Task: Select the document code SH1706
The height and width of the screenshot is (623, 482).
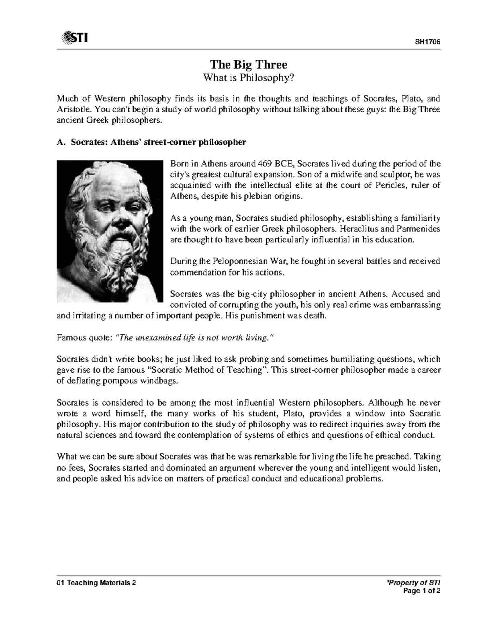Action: click(x=430, y=43)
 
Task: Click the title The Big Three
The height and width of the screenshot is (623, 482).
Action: click(x=249, y=64)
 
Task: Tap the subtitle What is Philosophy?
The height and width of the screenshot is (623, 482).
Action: click(x=249, y=77)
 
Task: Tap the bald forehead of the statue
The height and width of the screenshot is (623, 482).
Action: click(x=106, y=177)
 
